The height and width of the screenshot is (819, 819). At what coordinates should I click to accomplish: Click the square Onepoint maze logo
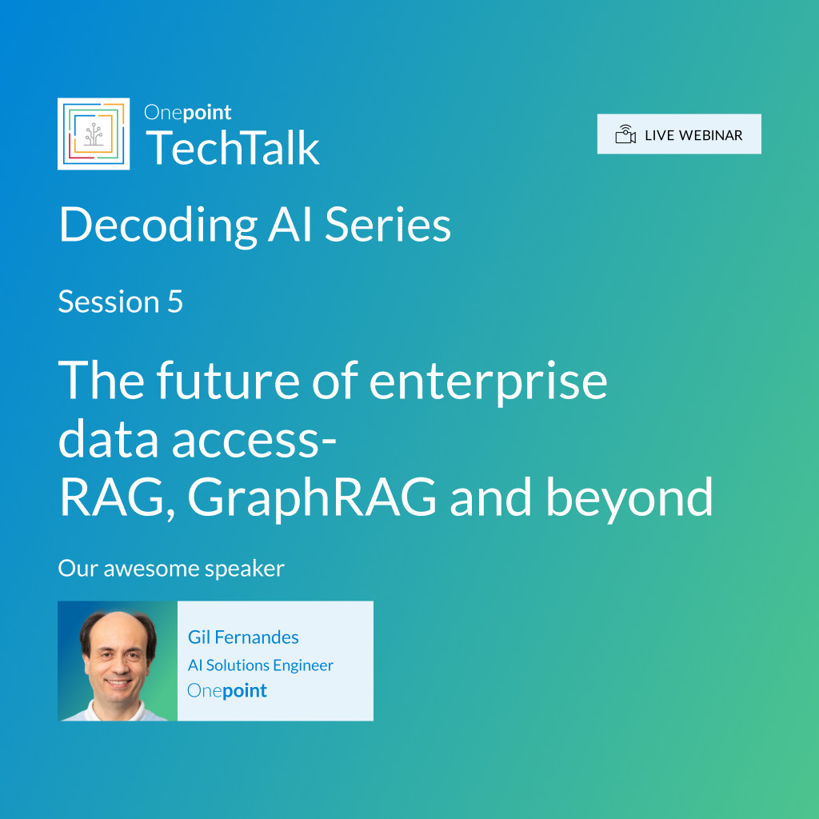pyautogui.click(x=94, y=134)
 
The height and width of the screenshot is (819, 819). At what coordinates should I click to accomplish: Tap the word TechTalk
pyautogui.click(x=233, y=148)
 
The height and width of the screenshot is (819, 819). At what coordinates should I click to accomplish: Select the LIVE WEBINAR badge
pyautogui.click(x=679, y=134)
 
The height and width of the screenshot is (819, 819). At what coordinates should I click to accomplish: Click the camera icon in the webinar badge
pyautogui.click(x=625, y=134)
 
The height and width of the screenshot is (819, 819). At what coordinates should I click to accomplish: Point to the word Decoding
pyautogui.click(x=158, y=226)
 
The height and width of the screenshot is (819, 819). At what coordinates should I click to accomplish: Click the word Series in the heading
pyautogui.click(x=388, y=225)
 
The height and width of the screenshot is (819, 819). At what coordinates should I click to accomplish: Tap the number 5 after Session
pyautogui.click(x=175, y=302)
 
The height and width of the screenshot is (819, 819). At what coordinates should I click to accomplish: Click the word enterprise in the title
pyautogui.click(x=489, y=382)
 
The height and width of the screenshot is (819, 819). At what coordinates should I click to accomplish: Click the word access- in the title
pyautogui.click(x=254, y=439)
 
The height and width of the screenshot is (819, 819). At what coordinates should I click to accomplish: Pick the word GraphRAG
pyautogui.click(x=312, y=498)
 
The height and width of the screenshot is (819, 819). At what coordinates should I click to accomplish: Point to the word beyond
pyautogui.click(x=629, y=498)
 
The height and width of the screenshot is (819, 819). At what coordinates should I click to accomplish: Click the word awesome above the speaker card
pyautogui.click(x=151, y=569)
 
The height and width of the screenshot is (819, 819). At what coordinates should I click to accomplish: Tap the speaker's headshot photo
pyautogui.click(x=118, y=661)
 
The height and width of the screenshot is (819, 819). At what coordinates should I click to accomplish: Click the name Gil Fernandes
pyautogui.click(x=243, y=637)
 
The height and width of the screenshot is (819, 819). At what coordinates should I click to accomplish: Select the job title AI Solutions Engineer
pyautogui.click(x=261, y=665)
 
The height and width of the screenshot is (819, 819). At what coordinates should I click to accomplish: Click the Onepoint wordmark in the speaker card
pyautogui.click(x=227, y=690)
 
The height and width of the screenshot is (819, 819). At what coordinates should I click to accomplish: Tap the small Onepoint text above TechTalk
pyautogui.click(x=187, y=113)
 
